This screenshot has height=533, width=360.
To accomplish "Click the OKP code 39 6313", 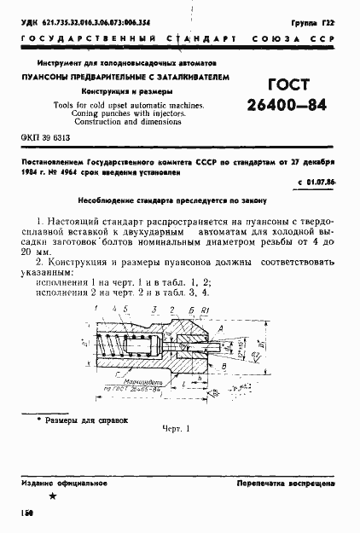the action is (x=44, y=137).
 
